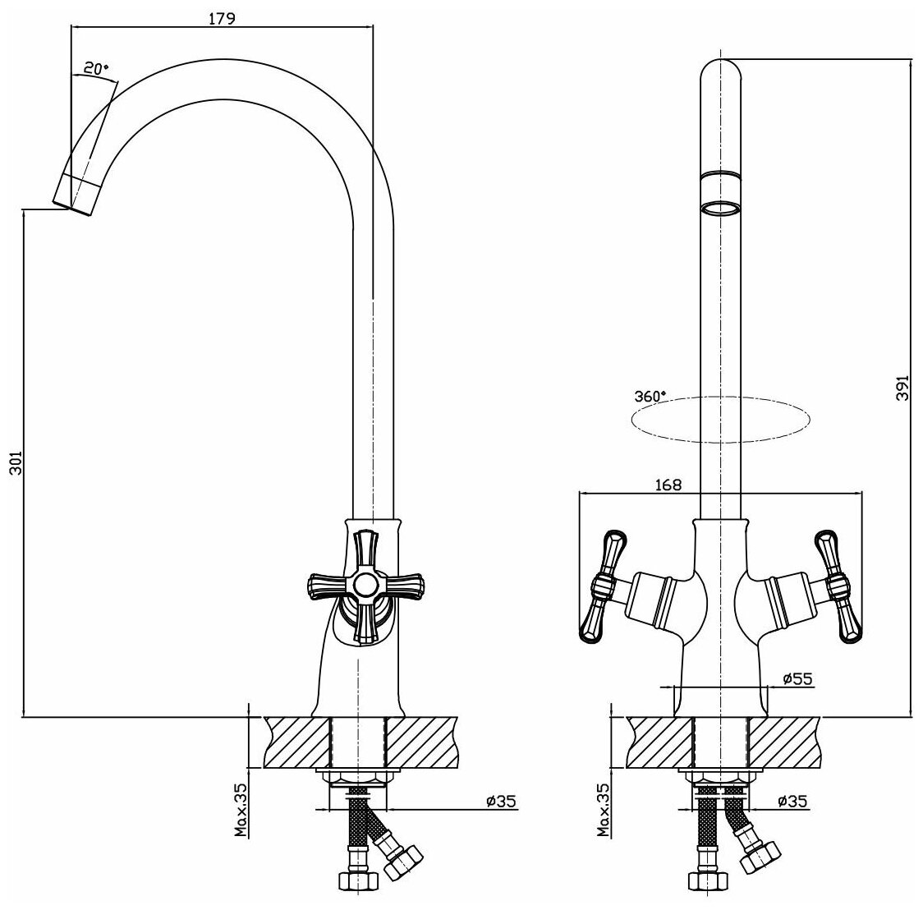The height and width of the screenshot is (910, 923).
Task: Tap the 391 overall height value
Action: coord(902,387)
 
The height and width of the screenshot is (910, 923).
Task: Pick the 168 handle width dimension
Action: coord(669,485)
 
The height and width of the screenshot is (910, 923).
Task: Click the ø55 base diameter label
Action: coord(797,678)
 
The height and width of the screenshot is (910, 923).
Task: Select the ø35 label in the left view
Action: coord(501,801)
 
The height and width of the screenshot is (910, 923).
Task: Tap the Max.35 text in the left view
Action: coord(241,809)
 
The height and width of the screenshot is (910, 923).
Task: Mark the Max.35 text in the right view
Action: coord(604,809)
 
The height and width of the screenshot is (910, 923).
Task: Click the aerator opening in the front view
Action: coord(721,207)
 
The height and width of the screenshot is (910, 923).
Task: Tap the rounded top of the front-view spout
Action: coord(721,67)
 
